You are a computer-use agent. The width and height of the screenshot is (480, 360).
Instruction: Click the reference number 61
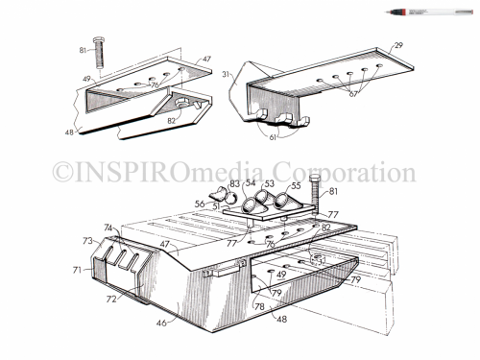point(275,139)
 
